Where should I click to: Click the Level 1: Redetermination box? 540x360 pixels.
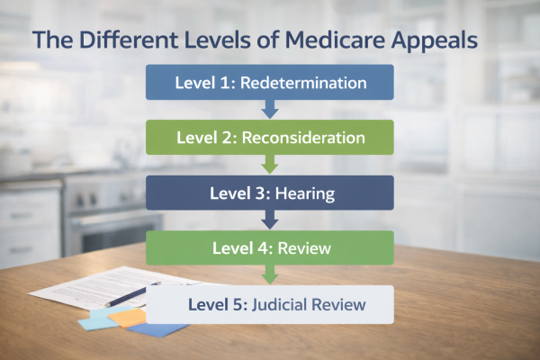coord(270,83)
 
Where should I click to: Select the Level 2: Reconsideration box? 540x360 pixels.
coord(270,139)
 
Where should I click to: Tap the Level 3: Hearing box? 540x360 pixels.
coord(270,193)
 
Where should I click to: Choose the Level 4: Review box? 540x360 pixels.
coord(270,247)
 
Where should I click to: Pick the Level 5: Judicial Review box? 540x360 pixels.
coord(270,304)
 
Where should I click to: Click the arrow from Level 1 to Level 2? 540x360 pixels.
coord(270,110)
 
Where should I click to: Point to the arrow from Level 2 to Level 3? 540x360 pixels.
coord(270,166)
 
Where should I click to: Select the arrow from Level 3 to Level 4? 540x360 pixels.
coord(270,220)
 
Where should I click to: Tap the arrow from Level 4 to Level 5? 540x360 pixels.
coord(270,275)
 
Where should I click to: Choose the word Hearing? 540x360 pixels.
coord(303,193)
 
